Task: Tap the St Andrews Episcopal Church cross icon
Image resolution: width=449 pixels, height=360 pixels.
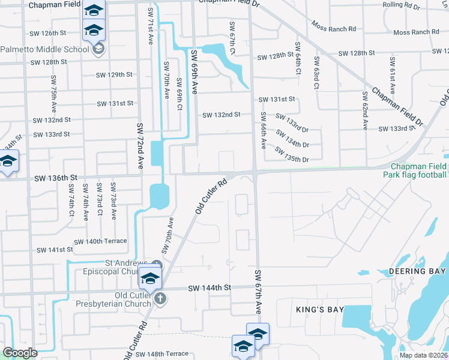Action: pyautogui.click(x=157, y=265)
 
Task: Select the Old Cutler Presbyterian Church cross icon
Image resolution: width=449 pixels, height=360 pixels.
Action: pyautogui.click(x=160, y=298)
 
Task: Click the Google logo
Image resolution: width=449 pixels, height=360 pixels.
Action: pyautogui.click(x=19, y=353)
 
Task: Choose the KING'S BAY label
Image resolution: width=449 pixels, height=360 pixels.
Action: pyautogui.click(x=319, y=310)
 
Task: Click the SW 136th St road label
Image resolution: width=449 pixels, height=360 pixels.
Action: pyautogui.click(x=56, y=178)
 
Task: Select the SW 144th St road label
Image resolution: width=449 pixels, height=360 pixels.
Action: pyautogui.click(x=209, y=288)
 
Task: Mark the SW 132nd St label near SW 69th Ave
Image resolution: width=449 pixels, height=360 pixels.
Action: pyautogui.click(x=221, y=115)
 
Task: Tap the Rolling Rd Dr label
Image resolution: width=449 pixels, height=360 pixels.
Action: pyautogui.click(x=402, y=5)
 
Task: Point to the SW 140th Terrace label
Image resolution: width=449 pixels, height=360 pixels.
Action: pyautogui.click(x=100, y=241)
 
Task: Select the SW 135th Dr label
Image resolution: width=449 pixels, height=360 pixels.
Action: pyautogui.click(x=292, y=154)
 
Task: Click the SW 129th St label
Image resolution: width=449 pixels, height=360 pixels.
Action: pyautogui.click(x=114, y=74)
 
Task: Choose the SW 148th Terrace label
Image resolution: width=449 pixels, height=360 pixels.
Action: pyautogui.click(x=161, y=354)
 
